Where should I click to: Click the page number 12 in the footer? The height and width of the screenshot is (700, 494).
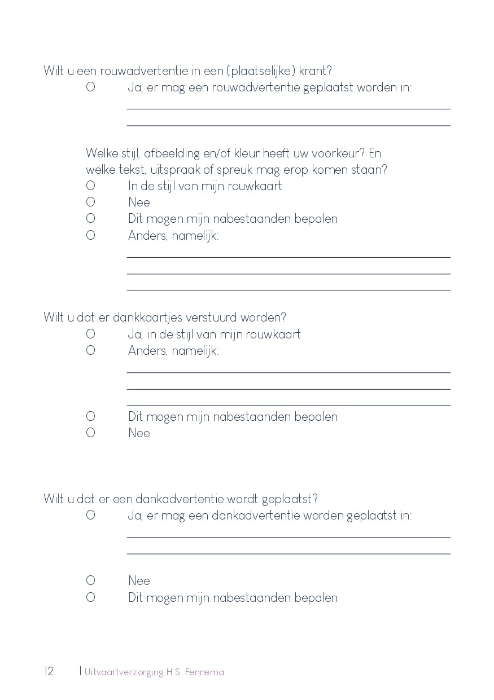point(49,671)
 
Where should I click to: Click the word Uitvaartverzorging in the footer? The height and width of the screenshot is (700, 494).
point(124,672)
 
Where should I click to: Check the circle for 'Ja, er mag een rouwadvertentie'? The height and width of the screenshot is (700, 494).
point(90,87)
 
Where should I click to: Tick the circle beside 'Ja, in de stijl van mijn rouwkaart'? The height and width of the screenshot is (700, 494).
point(90,334)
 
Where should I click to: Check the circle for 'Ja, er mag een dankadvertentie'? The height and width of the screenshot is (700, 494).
point(90,515)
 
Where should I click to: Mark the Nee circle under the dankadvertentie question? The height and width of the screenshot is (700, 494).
point(90,580)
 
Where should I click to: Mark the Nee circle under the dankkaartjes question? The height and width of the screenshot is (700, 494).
point(90,433)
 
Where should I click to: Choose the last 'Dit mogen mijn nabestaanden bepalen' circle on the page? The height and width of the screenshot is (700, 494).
point(90,597)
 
